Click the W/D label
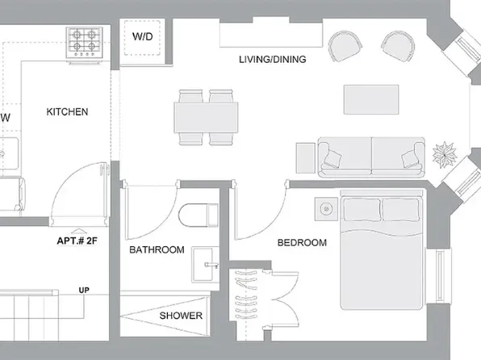click(x=143, y=36)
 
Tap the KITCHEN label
click(x=67, y=111)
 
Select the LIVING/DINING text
click(x=273, y=59)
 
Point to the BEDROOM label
click(x=302, y=243)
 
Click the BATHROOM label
click(x=157, y=250)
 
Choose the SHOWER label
click(x=181, y=316)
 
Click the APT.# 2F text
click(x=77, y=241)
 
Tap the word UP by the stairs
click(x=84, y=290)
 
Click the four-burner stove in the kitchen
click(x=85, y=43)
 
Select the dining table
click(x=206, y=118)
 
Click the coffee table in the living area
click(x=371, y=99)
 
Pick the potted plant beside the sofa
click(x=445, y=154)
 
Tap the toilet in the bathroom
click(x=199, y=215)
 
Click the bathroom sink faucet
click(x=211, y=265)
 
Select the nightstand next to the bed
click(x=326, y=209)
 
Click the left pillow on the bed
click(x=362, y=210)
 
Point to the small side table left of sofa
click(x=306, y=157)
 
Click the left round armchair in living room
click(x=345, y=45)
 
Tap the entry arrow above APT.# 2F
click(x=79, y=232)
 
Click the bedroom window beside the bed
click(x=440, y=275)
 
